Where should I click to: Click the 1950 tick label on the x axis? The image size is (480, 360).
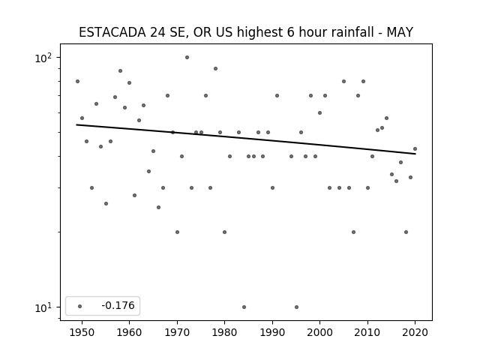82,332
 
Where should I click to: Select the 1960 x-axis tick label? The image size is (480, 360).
129,332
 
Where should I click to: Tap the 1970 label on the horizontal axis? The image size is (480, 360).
177,332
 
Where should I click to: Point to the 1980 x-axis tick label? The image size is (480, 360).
224,332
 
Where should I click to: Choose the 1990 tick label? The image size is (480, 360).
272,332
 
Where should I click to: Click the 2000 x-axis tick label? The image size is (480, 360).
320,332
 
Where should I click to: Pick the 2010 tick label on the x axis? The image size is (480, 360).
367,332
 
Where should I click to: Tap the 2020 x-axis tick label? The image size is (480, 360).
415,332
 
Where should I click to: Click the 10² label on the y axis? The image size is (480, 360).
43,58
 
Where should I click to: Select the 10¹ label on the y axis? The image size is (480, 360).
43,307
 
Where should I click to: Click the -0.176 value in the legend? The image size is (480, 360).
118,305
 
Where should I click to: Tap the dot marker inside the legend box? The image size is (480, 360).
80,306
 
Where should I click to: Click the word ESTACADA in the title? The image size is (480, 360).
112,32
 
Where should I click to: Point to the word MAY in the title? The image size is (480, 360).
400,32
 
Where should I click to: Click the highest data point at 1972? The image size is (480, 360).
187,58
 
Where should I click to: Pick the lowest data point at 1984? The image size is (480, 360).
244,307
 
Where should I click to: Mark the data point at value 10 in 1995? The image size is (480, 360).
296,307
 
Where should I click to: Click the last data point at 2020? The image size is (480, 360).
415,149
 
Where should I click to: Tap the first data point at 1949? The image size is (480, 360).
77,82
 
